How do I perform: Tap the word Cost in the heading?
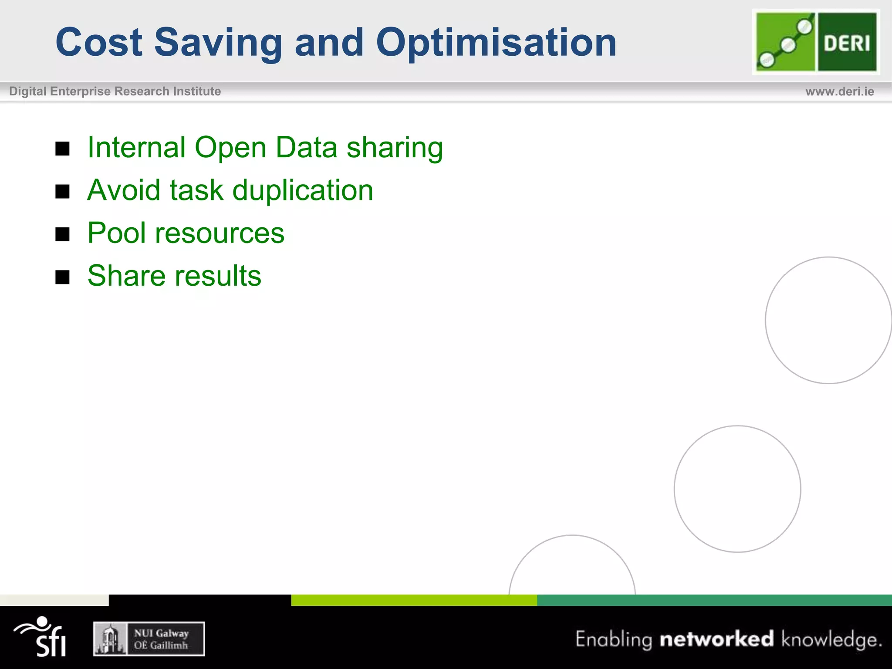pos(99,43)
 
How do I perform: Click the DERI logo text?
pos(847,43)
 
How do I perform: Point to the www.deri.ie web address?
pos(839,91)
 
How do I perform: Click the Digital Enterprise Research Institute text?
pos(115,91)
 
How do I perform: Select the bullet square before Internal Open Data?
pos(63,149)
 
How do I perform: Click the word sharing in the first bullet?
pos(395,148)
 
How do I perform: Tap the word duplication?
pos(303,191)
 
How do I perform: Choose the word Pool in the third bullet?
pos(116,233)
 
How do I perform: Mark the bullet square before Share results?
pos(63,277)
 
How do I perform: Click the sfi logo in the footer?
pos(41,636)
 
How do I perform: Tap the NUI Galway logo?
pos(149,639)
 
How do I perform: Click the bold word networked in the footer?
pos(716,639)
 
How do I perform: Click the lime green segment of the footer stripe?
pos(414,600)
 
